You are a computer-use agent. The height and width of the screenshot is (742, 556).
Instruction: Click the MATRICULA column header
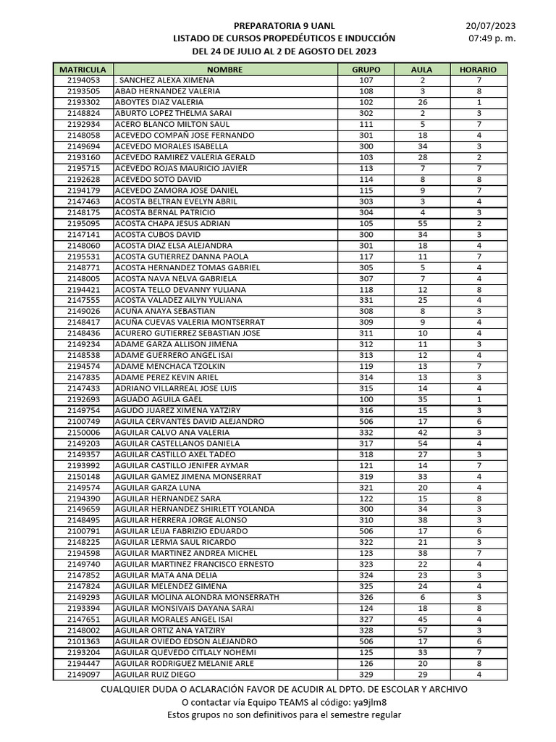coord(83,70)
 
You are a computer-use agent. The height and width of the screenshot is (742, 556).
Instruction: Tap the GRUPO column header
coord(366,70)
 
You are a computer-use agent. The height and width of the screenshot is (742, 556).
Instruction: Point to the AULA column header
coord(422,70)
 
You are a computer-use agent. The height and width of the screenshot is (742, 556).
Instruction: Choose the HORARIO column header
coord(479,70)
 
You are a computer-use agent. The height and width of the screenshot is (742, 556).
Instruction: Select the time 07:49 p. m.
coord(492,38)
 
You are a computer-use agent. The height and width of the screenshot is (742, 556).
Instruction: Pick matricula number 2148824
coord(83,113)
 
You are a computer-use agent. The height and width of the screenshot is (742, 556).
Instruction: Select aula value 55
coord(422,223)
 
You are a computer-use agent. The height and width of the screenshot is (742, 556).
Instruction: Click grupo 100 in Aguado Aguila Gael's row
coord(366,399)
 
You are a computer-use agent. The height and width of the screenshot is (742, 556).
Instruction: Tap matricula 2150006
coord(83,432)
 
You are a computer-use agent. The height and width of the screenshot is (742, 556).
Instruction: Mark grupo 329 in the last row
coord(366,675)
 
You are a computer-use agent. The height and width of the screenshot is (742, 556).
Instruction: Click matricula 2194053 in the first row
coord(83,80)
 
